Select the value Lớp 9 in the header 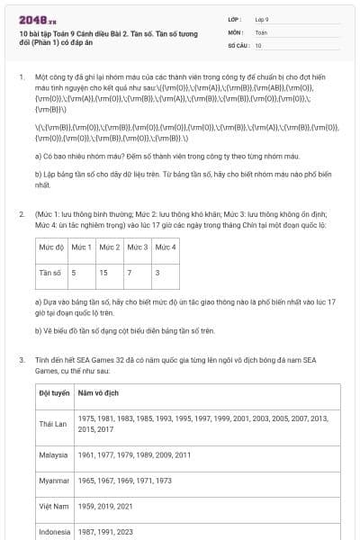point(261,18)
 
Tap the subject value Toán point(260,31)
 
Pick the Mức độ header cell point(51,246)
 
